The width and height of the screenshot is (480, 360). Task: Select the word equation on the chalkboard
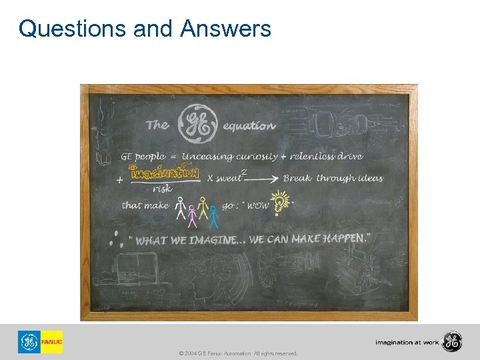[249, 125]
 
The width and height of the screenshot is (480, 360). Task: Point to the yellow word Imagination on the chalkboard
[165, 173]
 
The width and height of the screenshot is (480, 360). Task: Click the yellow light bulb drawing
[281, 202]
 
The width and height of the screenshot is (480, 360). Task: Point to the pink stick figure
[193, 213]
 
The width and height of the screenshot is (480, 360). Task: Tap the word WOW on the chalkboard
[258, 206]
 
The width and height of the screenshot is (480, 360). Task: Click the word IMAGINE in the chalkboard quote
[213, 241]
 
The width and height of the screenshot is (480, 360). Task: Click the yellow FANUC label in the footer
[51, 342]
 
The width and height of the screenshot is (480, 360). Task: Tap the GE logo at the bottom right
[451, 342]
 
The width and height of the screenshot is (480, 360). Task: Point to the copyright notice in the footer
[239, 353]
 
